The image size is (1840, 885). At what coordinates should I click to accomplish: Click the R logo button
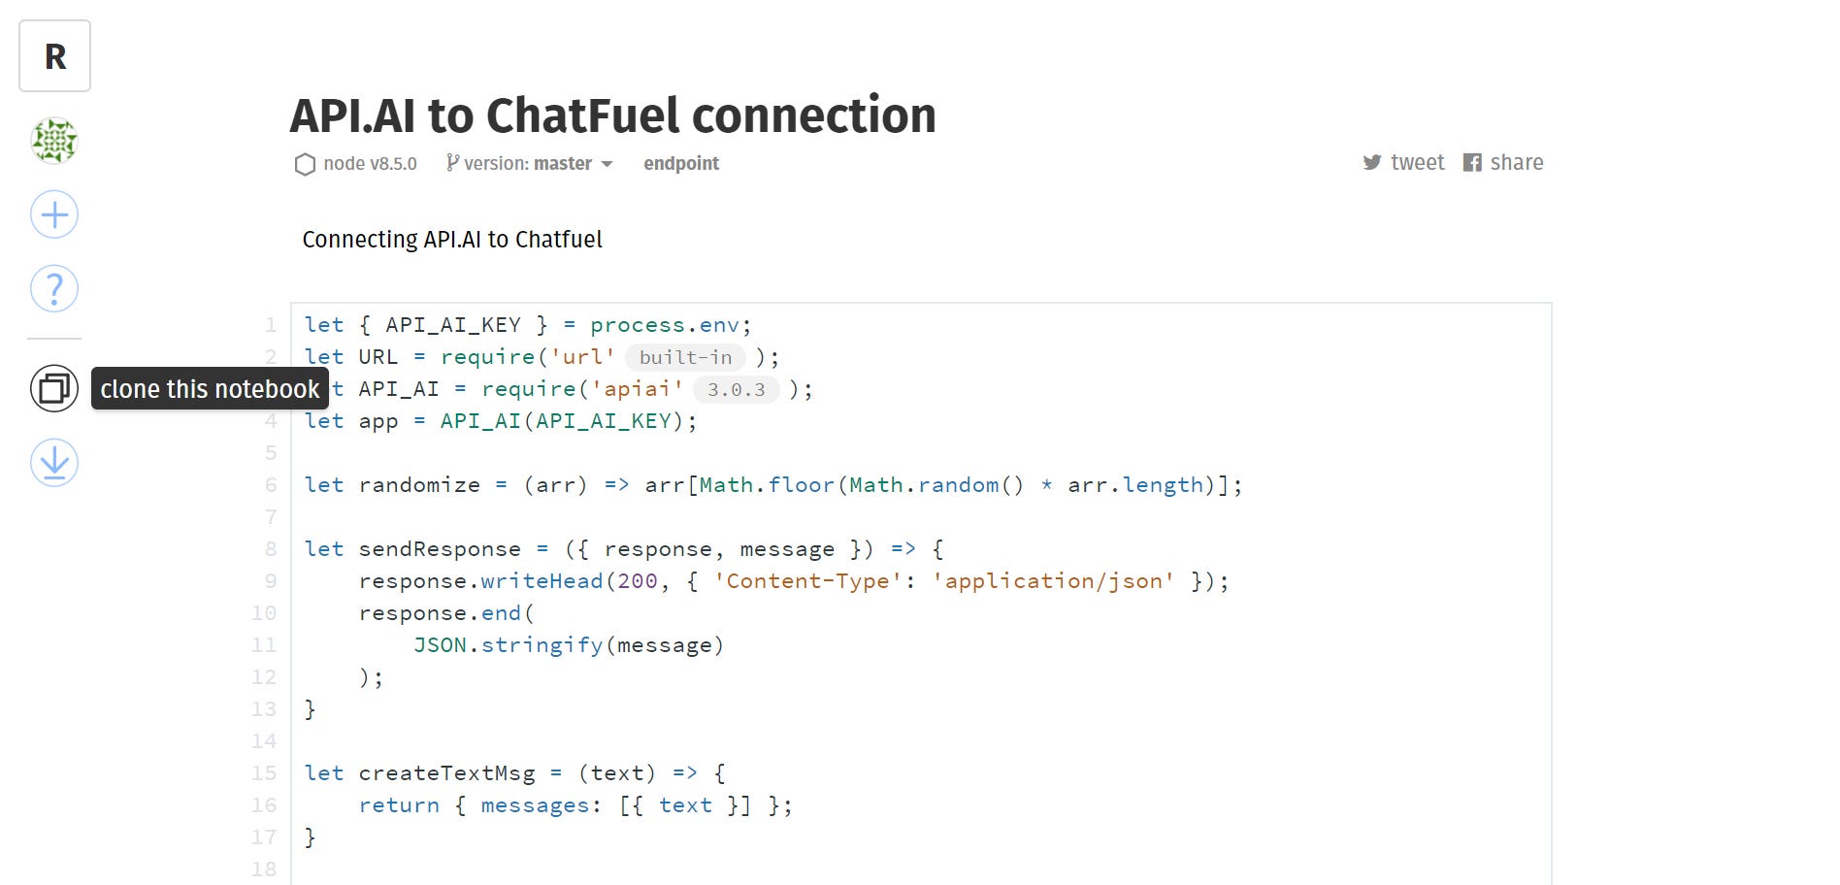pos(55,56)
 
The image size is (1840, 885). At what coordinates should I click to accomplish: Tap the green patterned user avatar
pos(54,141)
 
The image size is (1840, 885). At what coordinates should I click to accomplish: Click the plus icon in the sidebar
pos(54,214)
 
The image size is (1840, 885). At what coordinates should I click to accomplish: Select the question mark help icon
pos(54,288)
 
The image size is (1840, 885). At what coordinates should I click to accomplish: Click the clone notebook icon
pos(54,389)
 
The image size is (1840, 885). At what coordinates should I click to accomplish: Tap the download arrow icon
pos(54,462)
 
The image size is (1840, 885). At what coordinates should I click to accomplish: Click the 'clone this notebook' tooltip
pos(210,389)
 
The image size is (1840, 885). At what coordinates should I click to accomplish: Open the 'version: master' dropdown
pos(530,164)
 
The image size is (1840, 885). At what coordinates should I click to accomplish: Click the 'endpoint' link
pos(681,164)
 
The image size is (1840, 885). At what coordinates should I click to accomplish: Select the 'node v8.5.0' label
pos(357,164)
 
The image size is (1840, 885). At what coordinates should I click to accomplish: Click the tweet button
pos(1403,163)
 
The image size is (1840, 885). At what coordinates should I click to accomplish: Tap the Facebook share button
pos(1503,163)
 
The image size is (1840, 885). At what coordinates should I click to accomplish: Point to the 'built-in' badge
pos(685,357)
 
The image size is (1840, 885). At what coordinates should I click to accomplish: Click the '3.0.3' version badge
pos(736,389)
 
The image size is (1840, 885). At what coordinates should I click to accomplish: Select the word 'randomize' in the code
pos(419,485)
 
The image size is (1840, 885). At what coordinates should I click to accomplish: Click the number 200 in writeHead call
pos(638,581)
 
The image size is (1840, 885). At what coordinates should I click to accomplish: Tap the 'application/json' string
pos(1053,581)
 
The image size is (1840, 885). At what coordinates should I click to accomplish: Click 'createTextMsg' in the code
pos(446,773)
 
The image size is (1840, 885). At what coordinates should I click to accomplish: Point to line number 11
pos(264,645)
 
